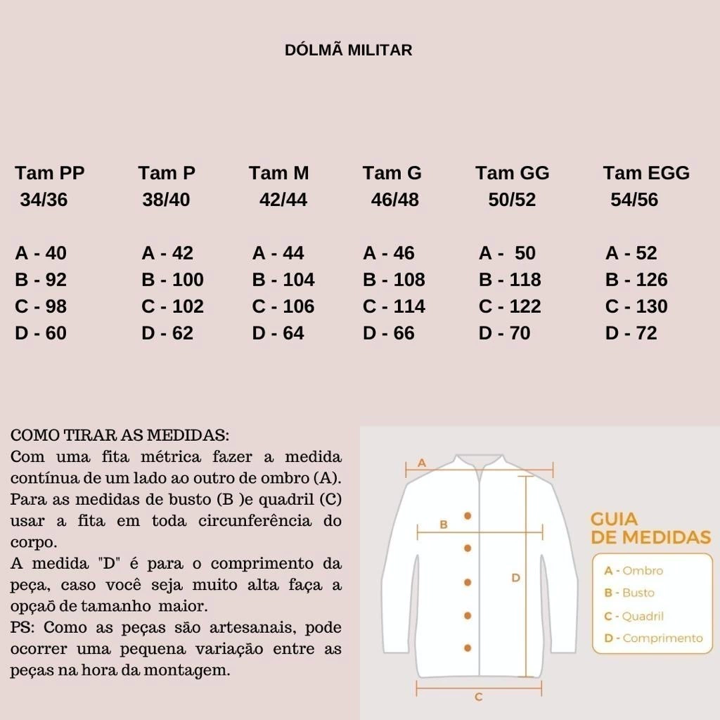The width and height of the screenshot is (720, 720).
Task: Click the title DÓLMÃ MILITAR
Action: pos(348,51)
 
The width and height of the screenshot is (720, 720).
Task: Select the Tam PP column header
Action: pos(50,173)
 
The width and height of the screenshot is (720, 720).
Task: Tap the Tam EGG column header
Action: pos(646,173)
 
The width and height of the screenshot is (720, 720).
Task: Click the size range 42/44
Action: pos(283,200)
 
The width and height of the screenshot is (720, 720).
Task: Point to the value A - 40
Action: pos(41,253)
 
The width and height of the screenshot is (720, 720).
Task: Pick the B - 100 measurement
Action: pos(172,280)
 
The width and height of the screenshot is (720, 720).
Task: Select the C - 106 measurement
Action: pos(283,307)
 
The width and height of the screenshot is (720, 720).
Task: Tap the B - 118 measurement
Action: pos(510,280)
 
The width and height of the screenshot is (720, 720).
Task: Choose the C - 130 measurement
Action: pos(636,307)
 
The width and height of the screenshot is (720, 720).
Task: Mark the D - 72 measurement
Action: pos(631,333)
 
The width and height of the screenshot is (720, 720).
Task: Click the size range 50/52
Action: pos(512,200)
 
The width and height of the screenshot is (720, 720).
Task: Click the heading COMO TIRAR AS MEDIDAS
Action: pos(120,435)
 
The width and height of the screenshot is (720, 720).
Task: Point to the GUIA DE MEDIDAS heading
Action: pos(650,529)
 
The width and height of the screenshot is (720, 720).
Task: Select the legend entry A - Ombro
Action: pos(634,571)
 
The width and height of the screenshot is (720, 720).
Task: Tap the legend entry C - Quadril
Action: pos(634,617)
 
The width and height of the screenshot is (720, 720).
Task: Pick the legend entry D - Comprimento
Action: pos(653,638)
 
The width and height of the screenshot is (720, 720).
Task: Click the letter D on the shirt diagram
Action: pos(515,578)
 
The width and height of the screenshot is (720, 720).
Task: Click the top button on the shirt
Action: pos(468,515)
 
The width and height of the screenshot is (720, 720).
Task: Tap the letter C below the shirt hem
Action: pos(478,697)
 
